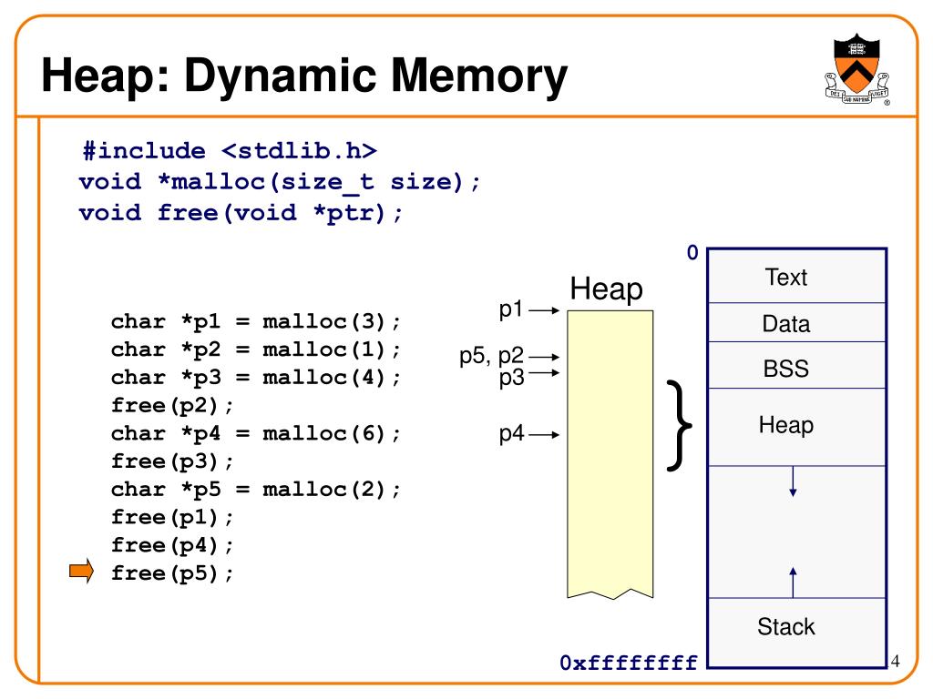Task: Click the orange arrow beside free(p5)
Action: pos(82,572)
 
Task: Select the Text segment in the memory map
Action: pos(786,278)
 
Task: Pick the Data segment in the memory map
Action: pos(786,324)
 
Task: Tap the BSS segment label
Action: pos(786,370)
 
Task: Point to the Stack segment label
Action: pos(786,626)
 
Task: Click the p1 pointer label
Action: pos(511,309)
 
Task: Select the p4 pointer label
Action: pos(511,434)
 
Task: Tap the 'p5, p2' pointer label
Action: pos(491,358)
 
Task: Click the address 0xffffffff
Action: pos(630,662)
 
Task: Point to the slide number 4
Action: pos(895,660)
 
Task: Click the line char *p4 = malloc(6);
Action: pos(256,433)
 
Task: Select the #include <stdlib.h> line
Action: pos(228,150)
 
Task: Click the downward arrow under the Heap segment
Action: pos(794,481)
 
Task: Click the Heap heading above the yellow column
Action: pos(606,289)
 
